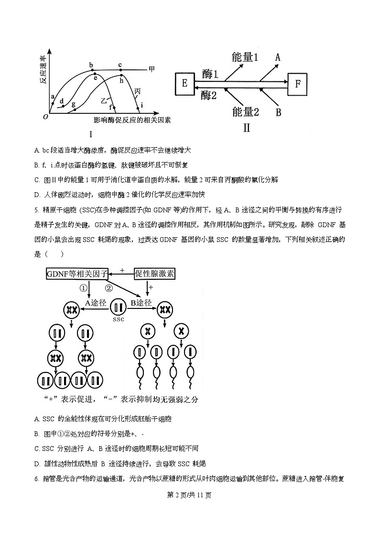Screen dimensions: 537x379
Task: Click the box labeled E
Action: pos(184,84)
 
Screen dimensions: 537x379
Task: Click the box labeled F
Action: pos(297,84)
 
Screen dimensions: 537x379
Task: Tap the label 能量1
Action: pos(245,57)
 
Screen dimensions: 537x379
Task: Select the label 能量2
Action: pos(245,112)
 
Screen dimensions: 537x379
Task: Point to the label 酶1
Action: pos(210,74)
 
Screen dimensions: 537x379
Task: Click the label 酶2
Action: pos(209,95)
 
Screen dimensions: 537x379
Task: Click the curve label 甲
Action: pos(152,69)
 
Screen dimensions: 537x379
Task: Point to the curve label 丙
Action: pos(138,91)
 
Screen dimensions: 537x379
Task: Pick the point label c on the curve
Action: pos(120,65)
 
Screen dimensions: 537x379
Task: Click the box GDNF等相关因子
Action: pos(77,274)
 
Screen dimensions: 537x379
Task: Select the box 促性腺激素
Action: pos(155,274)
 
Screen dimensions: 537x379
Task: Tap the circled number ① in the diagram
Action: pos(84,288)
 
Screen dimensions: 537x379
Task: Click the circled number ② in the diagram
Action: pos(108,288)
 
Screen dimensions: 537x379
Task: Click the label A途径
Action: pos(96,303)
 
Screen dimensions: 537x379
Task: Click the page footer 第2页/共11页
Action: pos(189,495)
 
